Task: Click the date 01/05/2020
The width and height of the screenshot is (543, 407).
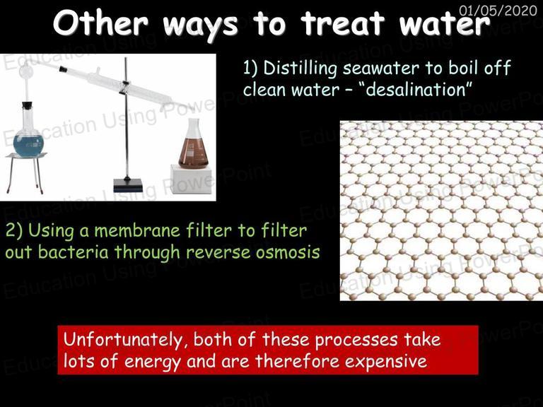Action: pos(498,11)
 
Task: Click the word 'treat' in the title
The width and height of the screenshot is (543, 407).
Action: pos(342,23)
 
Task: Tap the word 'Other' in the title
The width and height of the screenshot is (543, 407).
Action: pos(101,23)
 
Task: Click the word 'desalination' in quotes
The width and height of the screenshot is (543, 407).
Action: pos(415,90)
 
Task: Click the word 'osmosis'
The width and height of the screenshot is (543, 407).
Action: pos(288,252)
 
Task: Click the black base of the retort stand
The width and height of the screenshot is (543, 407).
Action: pos(128,185)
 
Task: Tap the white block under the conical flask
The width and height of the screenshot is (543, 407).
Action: pos(191,179)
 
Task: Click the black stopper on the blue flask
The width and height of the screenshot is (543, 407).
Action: pos(27,105)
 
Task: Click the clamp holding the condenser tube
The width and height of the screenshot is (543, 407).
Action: pos(125,86)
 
